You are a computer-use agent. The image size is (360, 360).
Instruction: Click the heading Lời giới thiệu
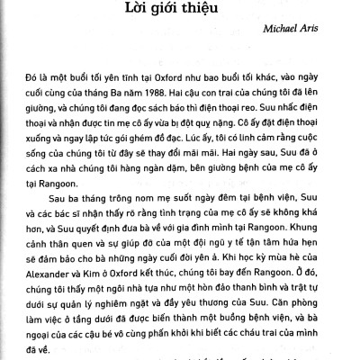coord(180,14)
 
